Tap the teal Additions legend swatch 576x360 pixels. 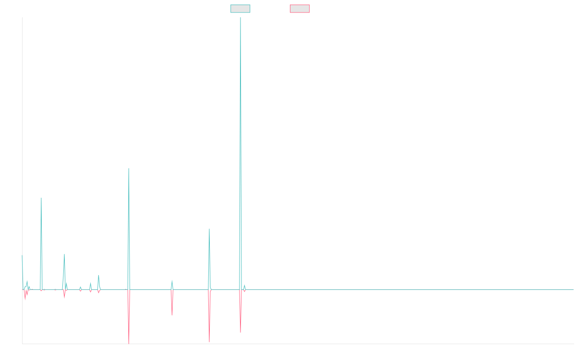[240, 9]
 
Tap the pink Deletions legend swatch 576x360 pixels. [300, 9]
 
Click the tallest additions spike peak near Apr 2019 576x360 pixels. [240, 18]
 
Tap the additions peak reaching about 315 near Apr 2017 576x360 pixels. [129, 168]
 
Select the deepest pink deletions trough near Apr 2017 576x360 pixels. [129, 343]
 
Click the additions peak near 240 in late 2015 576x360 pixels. [41, 198]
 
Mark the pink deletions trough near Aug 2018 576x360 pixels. [209, 341]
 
